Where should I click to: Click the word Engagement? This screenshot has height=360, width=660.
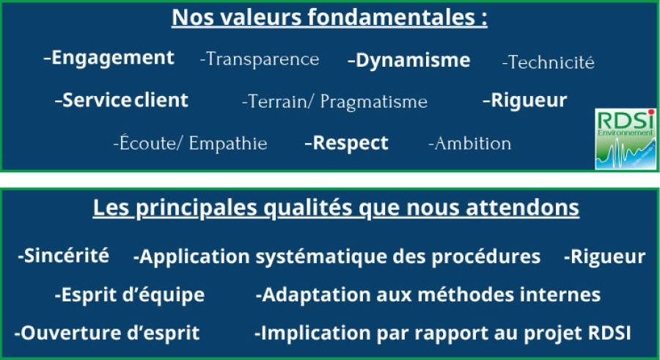pyautogui.click(x=113, y=59)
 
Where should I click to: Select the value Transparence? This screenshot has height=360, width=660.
pyautogui.click(x=262, y=59)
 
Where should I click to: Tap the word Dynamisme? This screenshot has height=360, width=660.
pyautogui.click(x=413, y=61)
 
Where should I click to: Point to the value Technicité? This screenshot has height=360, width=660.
pyautogui.click(x=551, y=62)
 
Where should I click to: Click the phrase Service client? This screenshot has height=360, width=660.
pyautogui.click(x=125, y=100)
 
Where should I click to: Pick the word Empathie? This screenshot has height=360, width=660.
pyautogui.click(x=228, y=143)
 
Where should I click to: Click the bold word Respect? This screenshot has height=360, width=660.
pyautogui.click(x=351, y=143)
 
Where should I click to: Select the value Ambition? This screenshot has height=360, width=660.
pyautogui.click(x=473, y=143)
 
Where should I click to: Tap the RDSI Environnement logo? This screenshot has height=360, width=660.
pyautogui.click(x=626, y=139)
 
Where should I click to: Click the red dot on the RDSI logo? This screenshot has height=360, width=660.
pyautogui.click(x=650, y=112)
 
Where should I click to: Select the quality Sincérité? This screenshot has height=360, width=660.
pyautogui.click(x=67, y=256)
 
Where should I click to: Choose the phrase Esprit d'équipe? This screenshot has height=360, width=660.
pyautogui.click(x=133, y=295)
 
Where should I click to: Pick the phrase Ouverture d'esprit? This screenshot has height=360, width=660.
pyautogui.click(x=110, y=333)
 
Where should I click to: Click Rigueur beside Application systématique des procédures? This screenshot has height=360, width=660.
pyautogui.click(x=608, y=257)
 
